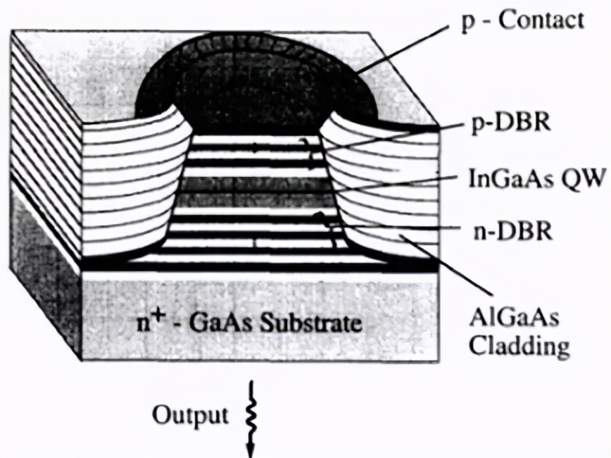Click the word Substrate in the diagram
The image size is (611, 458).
[x=321, y=326]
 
